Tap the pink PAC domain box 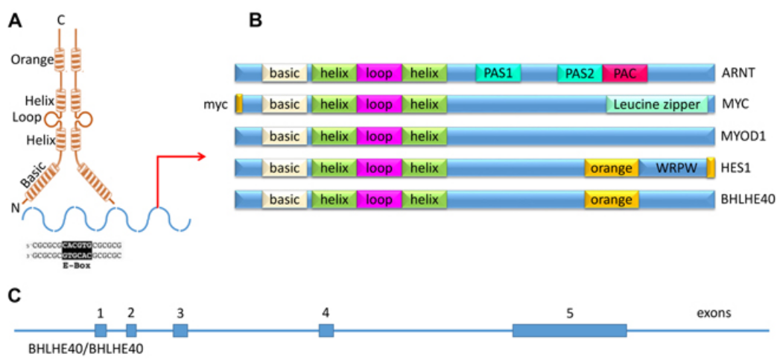pyautogui.click(x=624, y=72)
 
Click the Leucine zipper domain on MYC pyautogui.click(x=657, y=104)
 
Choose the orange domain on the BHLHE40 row pyautogui.click(x=612, y=200)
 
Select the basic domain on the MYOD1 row pyautogui.click(x=284, y=136)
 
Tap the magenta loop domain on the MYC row pyautogui.click(x=379, y=104)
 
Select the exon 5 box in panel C pyautogui.click(x=569, y=330)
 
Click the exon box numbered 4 pyautogui.click(x=326, y=330)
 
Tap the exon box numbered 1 pyautogui.click(x=101, y=330)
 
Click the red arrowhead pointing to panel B pyautogui.click(x=200, y=157)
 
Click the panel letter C pyautogui.click(x=13, y=295)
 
